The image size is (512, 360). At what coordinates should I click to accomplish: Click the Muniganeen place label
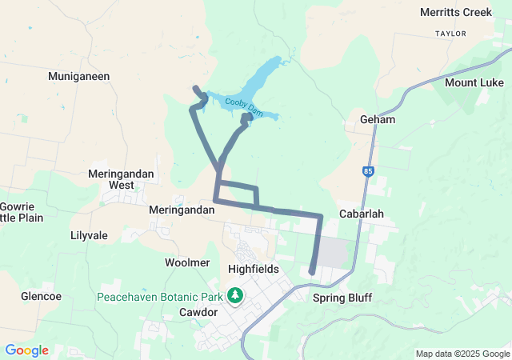pyautogui.click(x=78, y=76)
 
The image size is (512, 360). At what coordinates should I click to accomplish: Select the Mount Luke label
pyautogui.click(x=474, y=82)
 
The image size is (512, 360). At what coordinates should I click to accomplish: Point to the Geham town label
pyautogui.click(x=378, y=119)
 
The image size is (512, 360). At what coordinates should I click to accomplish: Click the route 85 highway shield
pyautogui.click(x=367, y=170)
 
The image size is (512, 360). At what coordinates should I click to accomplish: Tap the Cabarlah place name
pyautogui.click(x=362, y=214)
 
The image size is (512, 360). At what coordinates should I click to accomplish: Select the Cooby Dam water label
pyautogui.click(x=243, y=104)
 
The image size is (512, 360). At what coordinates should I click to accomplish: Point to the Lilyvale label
pyautogui.click(x=90, y=236)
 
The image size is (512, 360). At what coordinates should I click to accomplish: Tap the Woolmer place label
pyautogui.click(x=186, y=262)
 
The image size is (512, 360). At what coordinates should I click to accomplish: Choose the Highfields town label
pyautogui.click(x=253, y=269)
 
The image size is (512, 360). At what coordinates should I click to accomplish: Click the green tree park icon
pyautogui.click(x=235, y=296)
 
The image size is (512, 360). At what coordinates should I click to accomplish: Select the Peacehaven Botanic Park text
pyautogui.click(x=160, y=296)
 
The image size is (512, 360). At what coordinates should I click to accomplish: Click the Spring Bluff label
pyautogui.click(x=342, y=298)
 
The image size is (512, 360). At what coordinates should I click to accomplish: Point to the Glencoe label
pyautogui.click(x=41, y=296)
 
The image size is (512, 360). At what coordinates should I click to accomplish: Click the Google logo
pyautogui.click(x=26, y=350)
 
